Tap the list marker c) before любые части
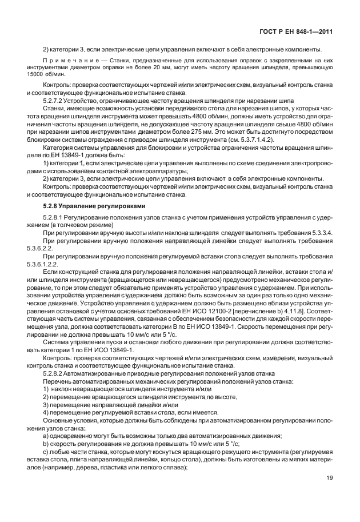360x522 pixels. pyautogui.click(x=46, y=452)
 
